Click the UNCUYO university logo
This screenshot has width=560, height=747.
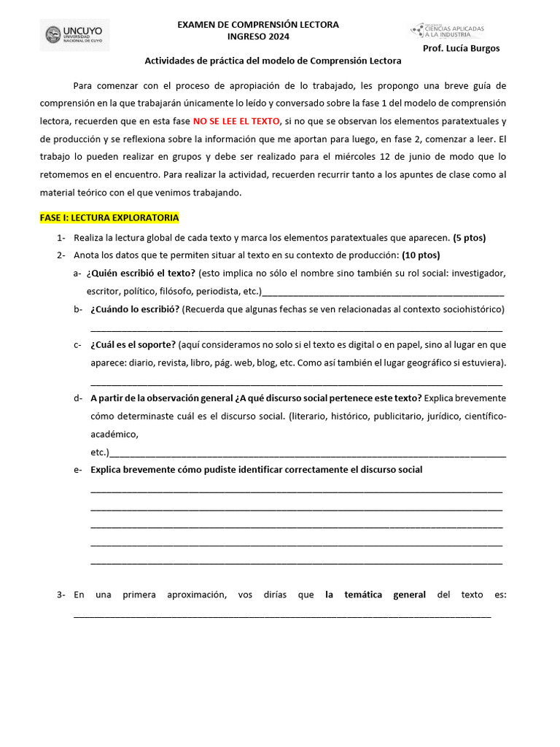click(x=74, y=35)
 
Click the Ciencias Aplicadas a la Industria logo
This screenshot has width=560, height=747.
click(x=447, y=30)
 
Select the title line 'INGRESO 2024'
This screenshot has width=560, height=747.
click(x=258, y=36)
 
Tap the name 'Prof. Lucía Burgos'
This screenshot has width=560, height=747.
click(x=461, y=49)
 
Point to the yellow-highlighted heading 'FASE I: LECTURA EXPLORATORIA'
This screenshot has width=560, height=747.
click(x=109, y=218)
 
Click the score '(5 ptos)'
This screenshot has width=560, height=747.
click(x=469, y=238)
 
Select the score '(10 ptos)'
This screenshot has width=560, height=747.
click(x=421, y=255)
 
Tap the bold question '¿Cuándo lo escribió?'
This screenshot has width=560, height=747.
click(x=135, y=309)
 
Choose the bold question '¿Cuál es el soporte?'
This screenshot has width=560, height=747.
click(x=133, y=344)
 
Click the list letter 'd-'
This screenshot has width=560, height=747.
click(x=77, y=398)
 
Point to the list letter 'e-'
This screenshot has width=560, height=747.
click(x=77, y=470)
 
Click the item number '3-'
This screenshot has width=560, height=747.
click(x=61, y=595)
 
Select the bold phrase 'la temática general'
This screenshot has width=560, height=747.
click(x=375, y=595)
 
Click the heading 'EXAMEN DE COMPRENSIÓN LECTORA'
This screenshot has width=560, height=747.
click(x=258, y=25)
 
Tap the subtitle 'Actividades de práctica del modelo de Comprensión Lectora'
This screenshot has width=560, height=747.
click(x=273, y=61)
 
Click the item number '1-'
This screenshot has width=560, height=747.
click(x=61, y=238)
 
